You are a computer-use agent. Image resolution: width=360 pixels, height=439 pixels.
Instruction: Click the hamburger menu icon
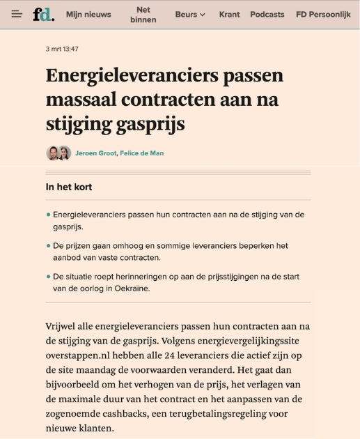pyautogui.click(x=17, y=14)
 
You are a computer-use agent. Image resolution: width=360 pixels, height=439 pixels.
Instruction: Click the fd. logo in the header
pyautogui.click(x=43, y=14)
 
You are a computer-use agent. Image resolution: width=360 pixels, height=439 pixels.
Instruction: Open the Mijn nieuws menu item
pyautogui.click(x=88, y=14)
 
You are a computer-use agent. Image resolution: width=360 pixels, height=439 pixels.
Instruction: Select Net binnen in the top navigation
pyautogui.click(x=143, y=14)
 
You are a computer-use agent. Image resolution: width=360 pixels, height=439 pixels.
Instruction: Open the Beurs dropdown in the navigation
pyautogui.click(x=190, y=14)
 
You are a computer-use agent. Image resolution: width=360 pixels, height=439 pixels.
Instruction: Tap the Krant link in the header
pyautogui.click(x=229, y=14)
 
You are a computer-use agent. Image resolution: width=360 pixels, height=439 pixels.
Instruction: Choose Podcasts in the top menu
pyautogui.click(x=267, y=14)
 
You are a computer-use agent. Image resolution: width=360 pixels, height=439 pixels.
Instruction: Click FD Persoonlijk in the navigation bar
pyautogui.click(x=323, y=14)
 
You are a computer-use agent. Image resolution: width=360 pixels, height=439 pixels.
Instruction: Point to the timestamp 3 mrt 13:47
pyautogui.click(x=62, y=49)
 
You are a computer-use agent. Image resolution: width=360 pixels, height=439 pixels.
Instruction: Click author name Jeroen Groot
pyautogui.click(x=95, y=153)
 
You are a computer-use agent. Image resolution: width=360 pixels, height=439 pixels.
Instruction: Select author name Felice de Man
pyautogui.click(x=142, y=153)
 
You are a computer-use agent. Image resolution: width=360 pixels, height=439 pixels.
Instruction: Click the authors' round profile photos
pyautogui.click(x=58, y=153)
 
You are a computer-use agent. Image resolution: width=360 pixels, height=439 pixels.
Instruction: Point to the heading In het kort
pyautogui.click(x=69, y=187)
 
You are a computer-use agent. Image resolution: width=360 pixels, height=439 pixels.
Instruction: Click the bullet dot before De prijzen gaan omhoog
pyautogui.click(x=48, y=246)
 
